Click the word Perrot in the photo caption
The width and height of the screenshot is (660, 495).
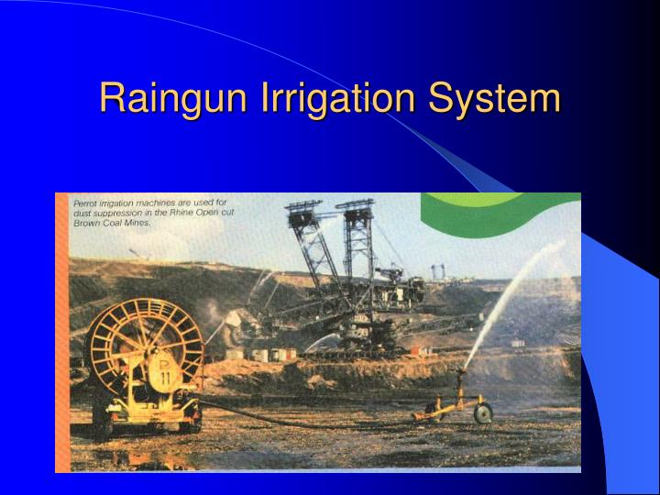[87, 202]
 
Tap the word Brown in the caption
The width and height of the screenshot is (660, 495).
[88, 223]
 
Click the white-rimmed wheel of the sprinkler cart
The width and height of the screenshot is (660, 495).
[481, 413]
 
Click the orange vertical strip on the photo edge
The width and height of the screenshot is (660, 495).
[61, 330]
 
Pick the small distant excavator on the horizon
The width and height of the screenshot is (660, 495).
[438, 271]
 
